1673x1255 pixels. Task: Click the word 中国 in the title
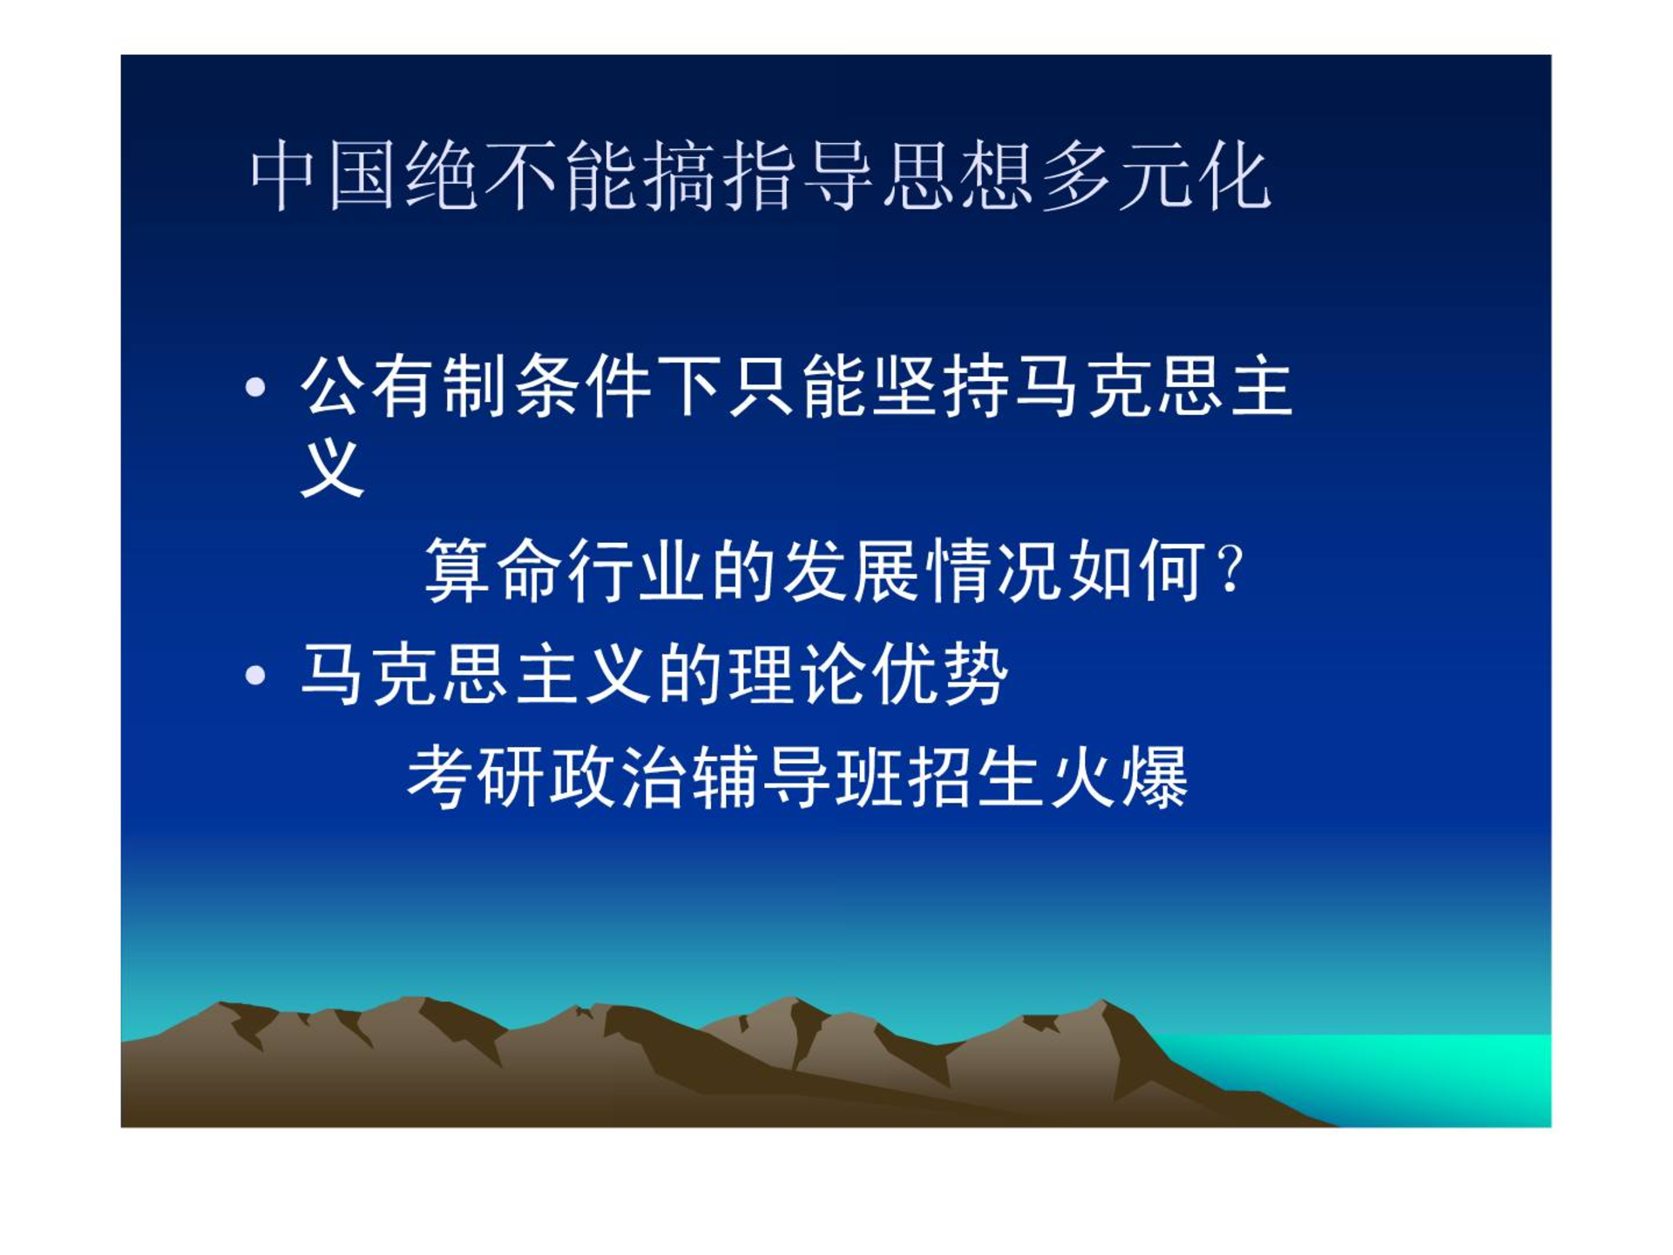tap(322, 176)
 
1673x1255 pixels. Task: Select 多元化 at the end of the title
tap(1155, 176)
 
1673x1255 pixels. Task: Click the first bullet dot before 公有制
tap(255, 387)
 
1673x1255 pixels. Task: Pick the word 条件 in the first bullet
tap(583, 387)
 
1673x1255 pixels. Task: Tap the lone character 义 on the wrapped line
tap(332, 468)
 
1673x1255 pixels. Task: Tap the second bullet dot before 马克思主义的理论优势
tap(255, 675)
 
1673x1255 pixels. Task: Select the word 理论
tap(797, 675)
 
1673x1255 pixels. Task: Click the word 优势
tap(939, 675)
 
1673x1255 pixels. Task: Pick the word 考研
tap(477, 777)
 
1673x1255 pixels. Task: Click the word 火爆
tap(1119, 777)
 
